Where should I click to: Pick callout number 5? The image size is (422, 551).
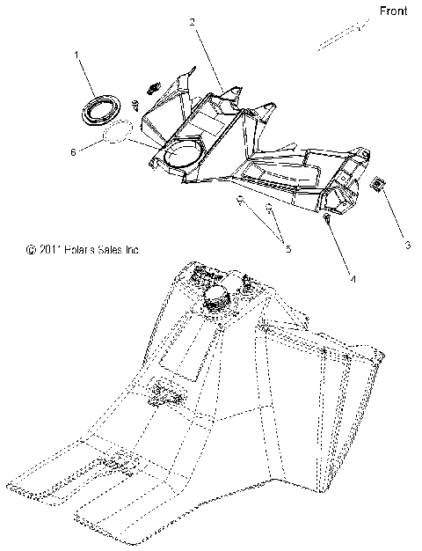[287, 249]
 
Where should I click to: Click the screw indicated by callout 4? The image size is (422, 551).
[326, 217]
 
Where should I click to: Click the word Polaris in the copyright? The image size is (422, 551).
[80, 251]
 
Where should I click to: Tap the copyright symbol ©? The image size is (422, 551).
[30, 251]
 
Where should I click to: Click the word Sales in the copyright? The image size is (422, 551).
[113, 251]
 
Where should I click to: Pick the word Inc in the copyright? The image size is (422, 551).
[133, 251]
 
